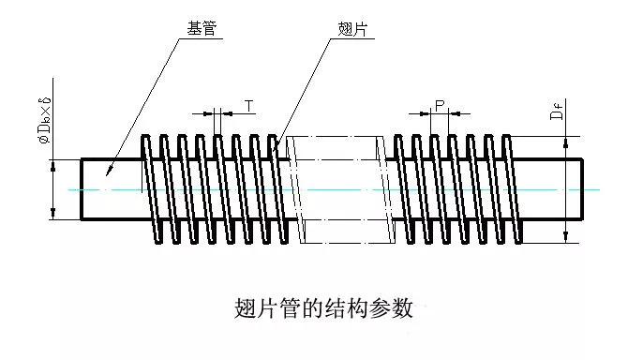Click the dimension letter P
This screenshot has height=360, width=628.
439,102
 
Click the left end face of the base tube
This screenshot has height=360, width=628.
82,189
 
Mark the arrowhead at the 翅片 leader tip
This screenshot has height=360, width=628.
277,145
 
